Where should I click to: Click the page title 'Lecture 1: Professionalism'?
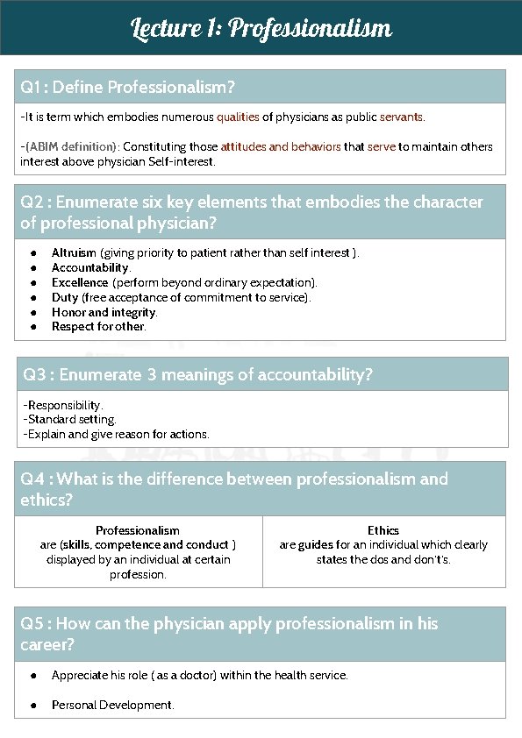coord(261,29)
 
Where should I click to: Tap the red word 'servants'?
coord(401,117)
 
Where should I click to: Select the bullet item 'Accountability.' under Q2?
coord(91,267)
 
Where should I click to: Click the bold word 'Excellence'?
coord(79,282)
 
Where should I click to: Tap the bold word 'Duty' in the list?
coord(64,297)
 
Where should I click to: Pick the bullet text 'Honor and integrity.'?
coord(104,312)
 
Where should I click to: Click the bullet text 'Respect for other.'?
coord(98,327)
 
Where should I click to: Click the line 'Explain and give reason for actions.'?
coord(118,434)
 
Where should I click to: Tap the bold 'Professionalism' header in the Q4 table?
coord(138,530)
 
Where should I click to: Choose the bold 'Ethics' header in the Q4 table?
coord(383,530)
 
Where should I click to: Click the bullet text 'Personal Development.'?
coord(112,705)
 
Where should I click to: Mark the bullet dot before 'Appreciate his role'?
coord(32,676)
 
